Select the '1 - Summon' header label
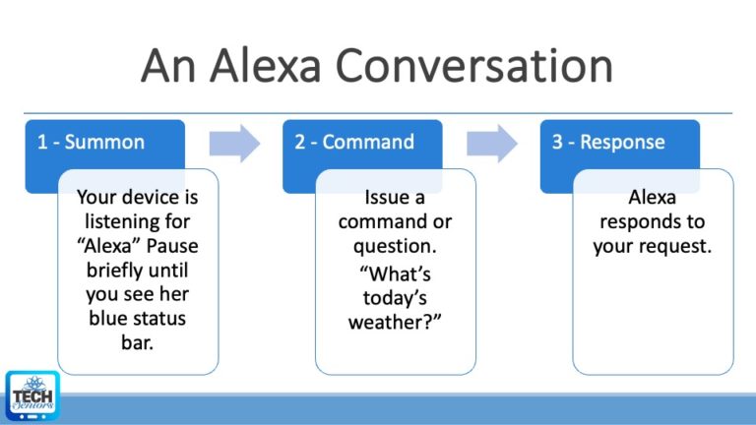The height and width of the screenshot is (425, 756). pyautogui.click(x=91, y=142)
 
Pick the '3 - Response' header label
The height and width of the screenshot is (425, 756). pyautogui.click(x=607, y=142)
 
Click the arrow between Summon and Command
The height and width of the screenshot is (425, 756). pyautogui.click(x=234, y=143)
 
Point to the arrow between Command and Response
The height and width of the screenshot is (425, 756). pyautogui.click(x=492, y=143)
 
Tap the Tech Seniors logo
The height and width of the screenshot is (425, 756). pyautogui.click(x=32, y=395)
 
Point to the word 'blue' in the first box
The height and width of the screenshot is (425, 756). pyautogui.click(x=109, y=318)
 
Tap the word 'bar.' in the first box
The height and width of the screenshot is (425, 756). pyautogui.click(x=137, y=341)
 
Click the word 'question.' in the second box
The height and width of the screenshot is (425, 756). pyautogui.click(x=395, y=245)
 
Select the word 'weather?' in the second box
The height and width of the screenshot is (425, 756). pyautogui.click(x=395, y=322)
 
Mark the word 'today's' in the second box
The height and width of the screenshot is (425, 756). pyautogui.click(x=395, y=297)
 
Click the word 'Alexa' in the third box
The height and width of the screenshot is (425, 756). pyautogui.click(x=653, y=197)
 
